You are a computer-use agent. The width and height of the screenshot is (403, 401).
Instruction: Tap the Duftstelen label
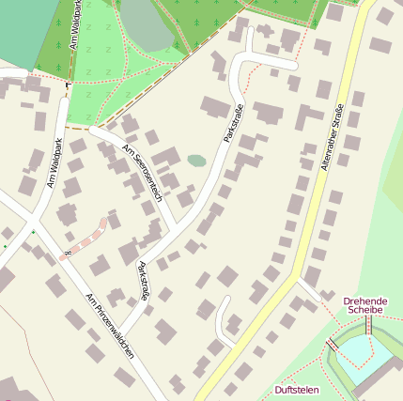pyautogui.click(x=296, y=389)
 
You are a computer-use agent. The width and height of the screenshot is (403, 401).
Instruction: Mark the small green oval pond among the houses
pyautogui.click(x=196, y=161)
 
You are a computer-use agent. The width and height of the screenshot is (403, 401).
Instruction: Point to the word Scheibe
pyautogui.click(x=364, y=309)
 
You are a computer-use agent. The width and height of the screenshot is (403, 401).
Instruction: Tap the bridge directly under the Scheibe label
pyautogui.click(x=369, y=325)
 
